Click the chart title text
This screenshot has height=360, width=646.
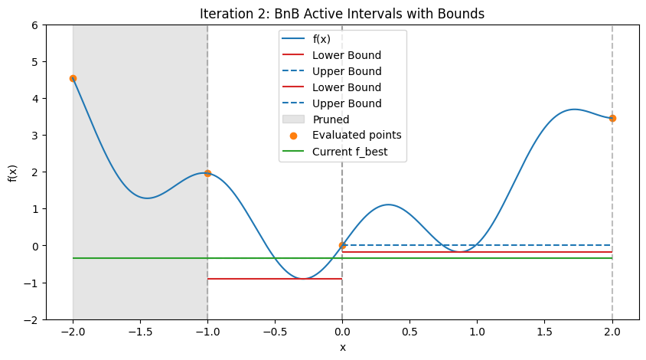click(342, 13)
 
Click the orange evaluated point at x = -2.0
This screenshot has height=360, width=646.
click(73, 78)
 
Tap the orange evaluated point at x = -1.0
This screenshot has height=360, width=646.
click(207, 173)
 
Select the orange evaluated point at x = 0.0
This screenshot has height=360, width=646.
click(342, 245)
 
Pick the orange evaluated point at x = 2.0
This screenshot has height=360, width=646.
click(612, 118)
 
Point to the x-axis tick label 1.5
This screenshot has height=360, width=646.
click(544, 334)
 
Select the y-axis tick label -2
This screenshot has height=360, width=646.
click(32, 319)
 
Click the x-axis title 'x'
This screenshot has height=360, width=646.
click(342, 348)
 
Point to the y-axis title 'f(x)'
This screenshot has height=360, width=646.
click(12, 172)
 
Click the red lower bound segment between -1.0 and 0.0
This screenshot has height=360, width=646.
click(275, 279)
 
